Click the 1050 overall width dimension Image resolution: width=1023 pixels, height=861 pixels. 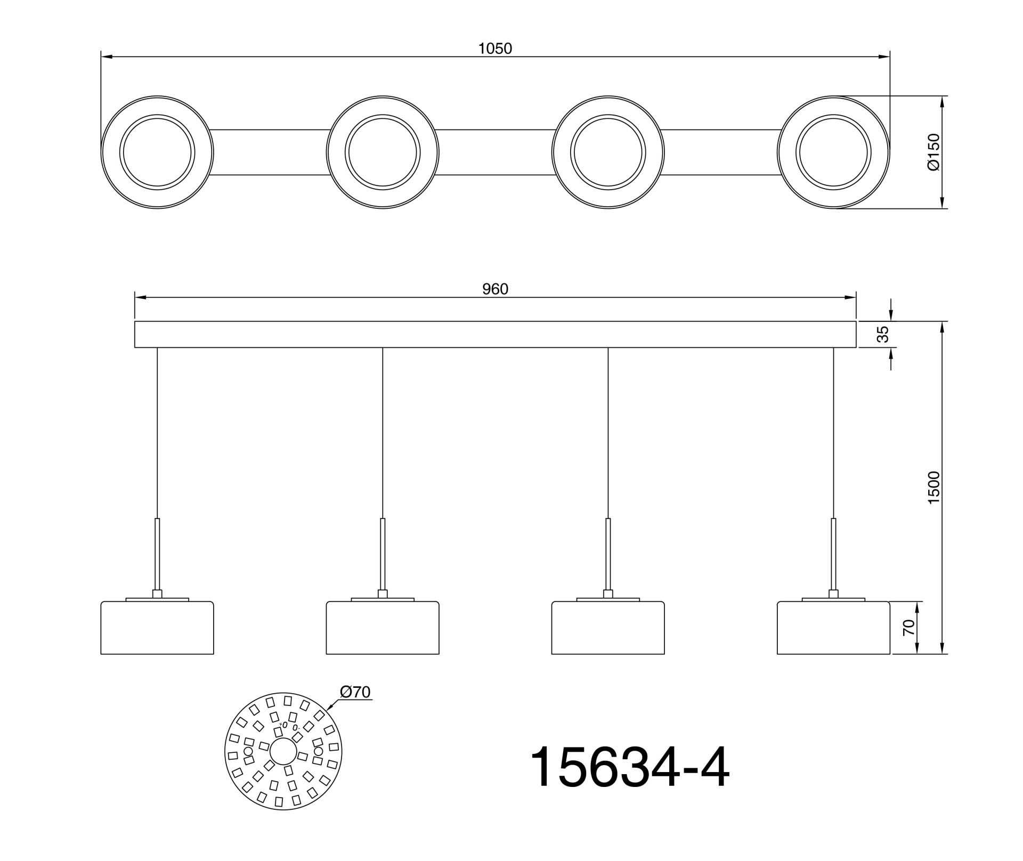point(495,48)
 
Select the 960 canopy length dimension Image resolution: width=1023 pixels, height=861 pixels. point(495,289)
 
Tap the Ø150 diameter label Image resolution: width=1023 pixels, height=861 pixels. point(933,152)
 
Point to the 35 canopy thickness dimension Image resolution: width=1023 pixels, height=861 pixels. point(883,334)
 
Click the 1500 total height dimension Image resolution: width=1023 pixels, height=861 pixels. point(933,488)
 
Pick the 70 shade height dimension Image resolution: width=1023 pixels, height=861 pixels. point(908,628)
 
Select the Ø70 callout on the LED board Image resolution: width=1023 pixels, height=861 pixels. point(355,692)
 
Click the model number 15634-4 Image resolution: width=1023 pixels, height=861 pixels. point(629,768)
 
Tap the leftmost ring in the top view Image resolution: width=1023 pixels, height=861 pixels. point(157,152)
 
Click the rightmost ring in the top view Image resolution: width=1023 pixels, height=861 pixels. point(833,152)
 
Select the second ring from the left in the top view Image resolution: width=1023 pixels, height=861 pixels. point(383,152)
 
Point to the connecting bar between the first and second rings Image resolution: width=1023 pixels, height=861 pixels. point(270,152)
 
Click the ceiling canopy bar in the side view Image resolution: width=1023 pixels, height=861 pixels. point(495,335)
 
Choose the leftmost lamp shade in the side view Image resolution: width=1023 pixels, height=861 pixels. point(157,629)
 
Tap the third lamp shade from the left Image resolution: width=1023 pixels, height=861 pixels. point(608,629)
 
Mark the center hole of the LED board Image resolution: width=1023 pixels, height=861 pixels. point(283,751)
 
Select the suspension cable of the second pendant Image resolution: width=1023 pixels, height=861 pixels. point(383,432)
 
